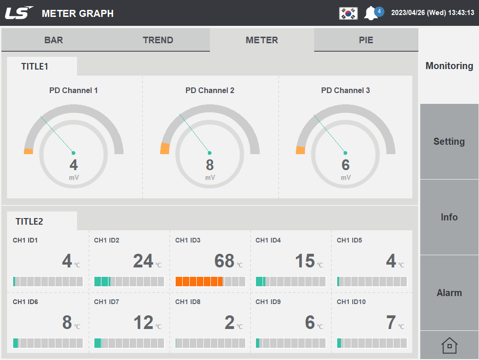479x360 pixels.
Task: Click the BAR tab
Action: point(54,40)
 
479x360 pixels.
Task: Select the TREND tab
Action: point(158,40)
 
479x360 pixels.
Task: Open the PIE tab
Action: point(366,40)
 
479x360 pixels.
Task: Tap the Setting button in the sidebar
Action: point(449,141)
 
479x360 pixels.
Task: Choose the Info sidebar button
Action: point(449,217)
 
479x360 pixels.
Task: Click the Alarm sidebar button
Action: point(449,293)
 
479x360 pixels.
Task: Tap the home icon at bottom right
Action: point(449,346)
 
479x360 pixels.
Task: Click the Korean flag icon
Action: point(348,13)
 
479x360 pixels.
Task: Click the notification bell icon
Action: point(371,13)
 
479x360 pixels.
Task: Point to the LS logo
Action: point(19,13)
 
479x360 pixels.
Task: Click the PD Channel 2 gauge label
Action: point(209,90)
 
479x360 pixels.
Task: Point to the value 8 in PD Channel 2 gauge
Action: point(209,165)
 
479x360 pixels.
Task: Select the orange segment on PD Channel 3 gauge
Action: point(301,150)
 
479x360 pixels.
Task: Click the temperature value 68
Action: point(224,261)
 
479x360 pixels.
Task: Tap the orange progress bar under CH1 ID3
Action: point(199,282)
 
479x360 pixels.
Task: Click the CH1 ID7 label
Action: point(107,302)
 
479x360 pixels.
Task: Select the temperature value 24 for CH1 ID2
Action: point(143,261)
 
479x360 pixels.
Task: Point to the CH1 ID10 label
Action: point(351,302)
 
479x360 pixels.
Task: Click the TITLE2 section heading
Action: point(29,221)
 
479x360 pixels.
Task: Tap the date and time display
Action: point(432,13)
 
